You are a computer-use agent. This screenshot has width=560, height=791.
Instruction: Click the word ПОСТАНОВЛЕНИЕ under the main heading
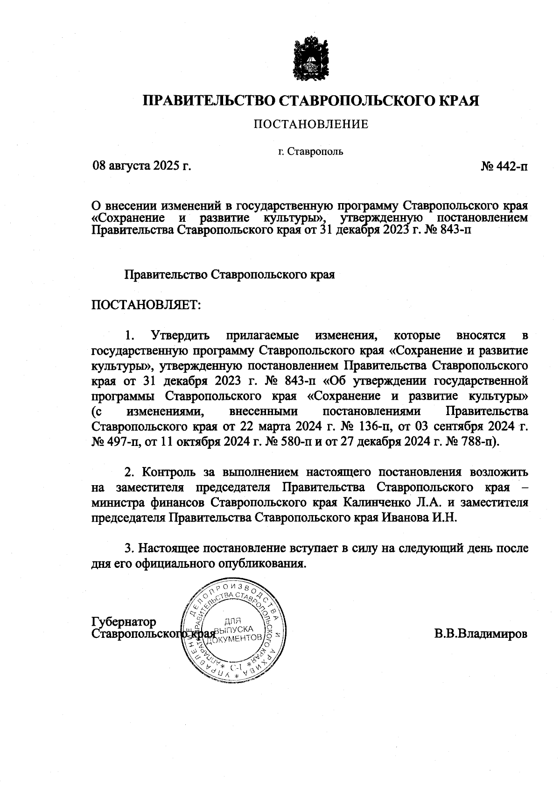tap(311, 124)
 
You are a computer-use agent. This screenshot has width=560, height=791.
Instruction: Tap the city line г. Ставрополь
tap(310, 151)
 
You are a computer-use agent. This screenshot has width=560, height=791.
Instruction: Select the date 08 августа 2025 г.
tap(142, 165)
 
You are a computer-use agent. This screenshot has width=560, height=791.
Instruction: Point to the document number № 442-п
tap(504, 166)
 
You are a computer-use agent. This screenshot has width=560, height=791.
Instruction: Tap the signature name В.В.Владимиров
tap(481, 634)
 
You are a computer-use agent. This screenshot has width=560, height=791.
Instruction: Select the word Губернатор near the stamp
tap(124, 622)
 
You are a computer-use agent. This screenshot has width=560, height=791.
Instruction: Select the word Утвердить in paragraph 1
tap(180, 335)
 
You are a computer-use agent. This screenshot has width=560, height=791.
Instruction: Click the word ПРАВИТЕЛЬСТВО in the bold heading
tap(209, 101)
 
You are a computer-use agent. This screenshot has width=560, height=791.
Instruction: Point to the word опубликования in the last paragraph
tap(263, 563)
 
